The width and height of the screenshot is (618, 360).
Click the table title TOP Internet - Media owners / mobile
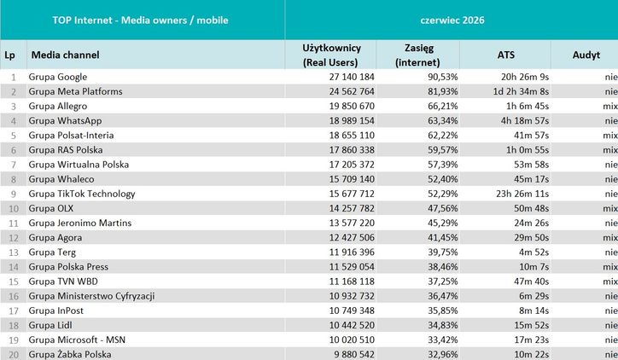pyautogui.click(x=140, y=20)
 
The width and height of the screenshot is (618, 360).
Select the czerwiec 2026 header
pyautogui.click(x=452, y=20)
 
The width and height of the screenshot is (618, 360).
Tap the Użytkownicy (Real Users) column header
pyautogui.click(x=331, y=55)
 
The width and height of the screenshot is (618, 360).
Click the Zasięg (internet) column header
pyautogui.click(x=417, y=55)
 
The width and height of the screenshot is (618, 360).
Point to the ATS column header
pyautogui.click(x=505, y=55)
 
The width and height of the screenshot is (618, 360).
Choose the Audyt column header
pyautogui.click(x=586, y=55)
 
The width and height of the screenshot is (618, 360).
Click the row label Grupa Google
pyautogui.click(x=57, y=77)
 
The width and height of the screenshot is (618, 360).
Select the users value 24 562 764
pyautogui.click(x=352, y=91)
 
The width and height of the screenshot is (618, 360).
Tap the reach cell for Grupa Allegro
pyautogui.click(x=443, y=106)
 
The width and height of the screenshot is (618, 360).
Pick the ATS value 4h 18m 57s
pyautogui.click(x=525, y=120)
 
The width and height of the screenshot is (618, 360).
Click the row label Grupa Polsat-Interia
pyautogui.click(x=71, y=135)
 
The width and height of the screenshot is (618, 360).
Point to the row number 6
pyautogui.click(x=14, y=150)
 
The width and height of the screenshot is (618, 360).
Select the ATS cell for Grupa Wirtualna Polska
pyautogui.click(x=531, y=165)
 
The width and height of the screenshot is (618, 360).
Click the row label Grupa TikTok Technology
pyautogui.click(x=82, y=194)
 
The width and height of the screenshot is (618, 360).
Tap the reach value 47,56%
pyautogui.click(x=443, y=208)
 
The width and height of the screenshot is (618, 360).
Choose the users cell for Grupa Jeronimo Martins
pyautogui.click(x=352, y=223)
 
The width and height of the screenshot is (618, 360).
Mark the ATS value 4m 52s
pyautogui.click(x=533, y=252)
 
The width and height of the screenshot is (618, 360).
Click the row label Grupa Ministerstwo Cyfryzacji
pyautogui.click(x=91, y=296)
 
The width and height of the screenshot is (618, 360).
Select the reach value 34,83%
pyautogui.click(x=443, y=325)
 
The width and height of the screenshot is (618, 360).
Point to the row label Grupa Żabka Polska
pyautogui.click(x=70, y=354)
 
